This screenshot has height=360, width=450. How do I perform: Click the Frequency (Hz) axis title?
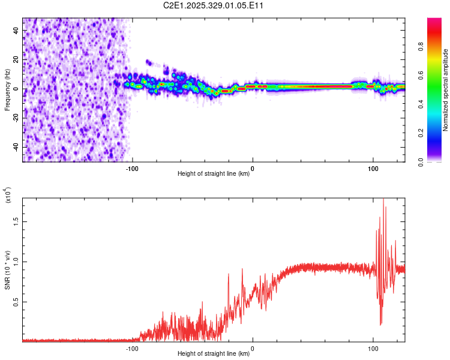click(x=7, y=90)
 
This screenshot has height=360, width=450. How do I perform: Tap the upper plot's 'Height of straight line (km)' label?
click(x=214, y=174)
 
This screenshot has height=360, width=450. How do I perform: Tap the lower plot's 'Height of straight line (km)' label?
click(x=214, y=354)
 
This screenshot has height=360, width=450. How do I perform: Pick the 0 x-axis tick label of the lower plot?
click(x=253, y=347)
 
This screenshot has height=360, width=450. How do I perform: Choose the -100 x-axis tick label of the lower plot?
click(x=132, y=347)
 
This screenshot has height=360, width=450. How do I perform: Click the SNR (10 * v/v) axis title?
click(x=7, y=267)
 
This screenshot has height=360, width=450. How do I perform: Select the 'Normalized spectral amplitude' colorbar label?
click(x=445, y=90)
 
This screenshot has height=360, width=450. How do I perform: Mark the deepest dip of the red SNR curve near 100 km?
click(x=381, y=325)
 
